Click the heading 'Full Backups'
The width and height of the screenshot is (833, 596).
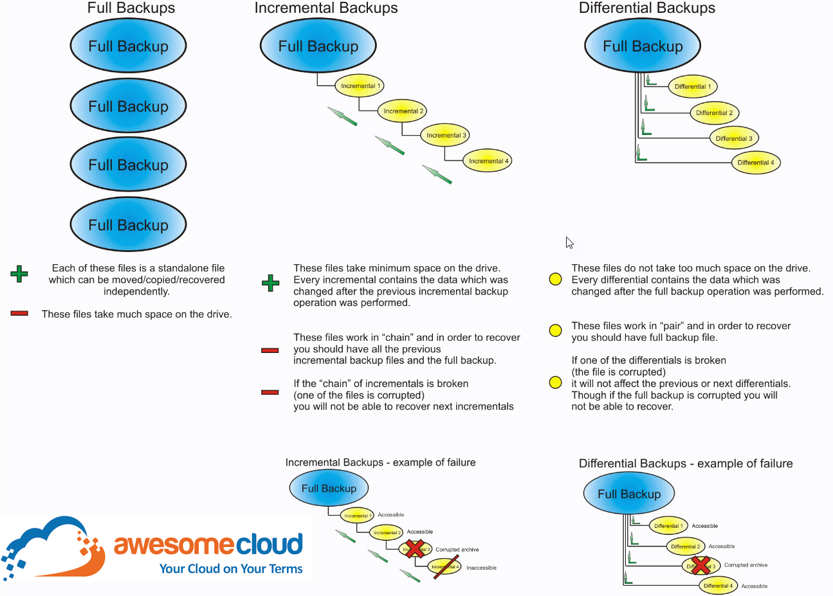(x=131, y=8)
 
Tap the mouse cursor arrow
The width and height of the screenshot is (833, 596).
(x=569, y=242)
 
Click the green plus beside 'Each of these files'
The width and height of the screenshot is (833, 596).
(x=19, y=274)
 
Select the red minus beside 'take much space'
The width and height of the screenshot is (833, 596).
(x=19, y=314)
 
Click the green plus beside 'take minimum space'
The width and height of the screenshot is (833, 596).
(x=271, y=283)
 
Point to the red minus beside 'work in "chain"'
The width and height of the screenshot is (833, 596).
(x=270, y=350)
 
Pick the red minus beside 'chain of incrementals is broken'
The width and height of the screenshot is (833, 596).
(x=270, y=392)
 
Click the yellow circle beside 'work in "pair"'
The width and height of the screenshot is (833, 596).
(x=556, y=330)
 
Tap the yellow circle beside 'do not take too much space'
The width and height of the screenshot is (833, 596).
(x=556, y=279)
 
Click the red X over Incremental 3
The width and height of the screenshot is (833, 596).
(x=416, y=549)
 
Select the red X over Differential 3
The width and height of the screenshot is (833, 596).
(x=700, y=566)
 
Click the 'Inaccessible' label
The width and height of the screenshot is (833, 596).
(x=481, y=568)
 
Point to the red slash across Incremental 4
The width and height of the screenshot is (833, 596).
(x=446, y=567)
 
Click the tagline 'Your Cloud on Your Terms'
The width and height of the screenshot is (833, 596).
(x=231, y=569)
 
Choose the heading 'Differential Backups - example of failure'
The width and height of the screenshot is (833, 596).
(x=686, y=464)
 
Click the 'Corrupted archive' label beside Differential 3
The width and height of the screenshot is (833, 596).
(x=746, y=565)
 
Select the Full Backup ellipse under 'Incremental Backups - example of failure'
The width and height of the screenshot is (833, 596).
(x=329, y=489)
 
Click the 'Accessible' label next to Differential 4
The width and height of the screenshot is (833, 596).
(x=754, y=586)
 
